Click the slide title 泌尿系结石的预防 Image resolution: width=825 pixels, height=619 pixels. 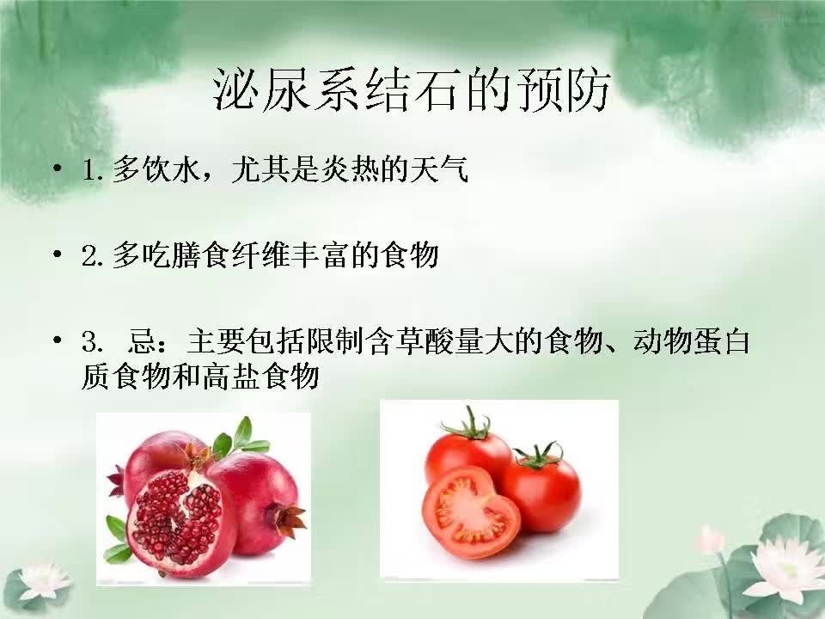pos(412,90)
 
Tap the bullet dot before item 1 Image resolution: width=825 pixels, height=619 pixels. pos(58,169)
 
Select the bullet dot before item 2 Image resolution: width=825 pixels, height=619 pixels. pos(58,254)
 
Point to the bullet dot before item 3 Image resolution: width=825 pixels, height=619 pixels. pos(58,340)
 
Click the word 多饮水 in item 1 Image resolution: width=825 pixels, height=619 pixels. pos(156,169)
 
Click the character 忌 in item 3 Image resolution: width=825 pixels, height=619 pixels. pos(142,341)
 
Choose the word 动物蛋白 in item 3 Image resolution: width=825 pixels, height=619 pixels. pos(691,341)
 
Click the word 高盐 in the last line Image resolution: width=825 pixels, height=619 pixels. pos(231,377)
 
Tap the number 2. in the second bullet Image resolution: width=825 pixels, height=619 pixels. pos(93,256)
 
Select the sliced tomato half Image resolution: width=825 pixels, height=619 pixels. pos(471,512)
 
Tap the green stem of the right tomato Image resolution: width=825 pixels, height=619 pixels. pos(541,457)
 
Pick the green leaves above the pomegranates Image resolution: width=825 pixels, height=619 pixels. pos(241,438)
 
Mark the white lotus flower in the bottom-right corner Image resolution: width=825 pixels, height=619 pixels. pos(783,568)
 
